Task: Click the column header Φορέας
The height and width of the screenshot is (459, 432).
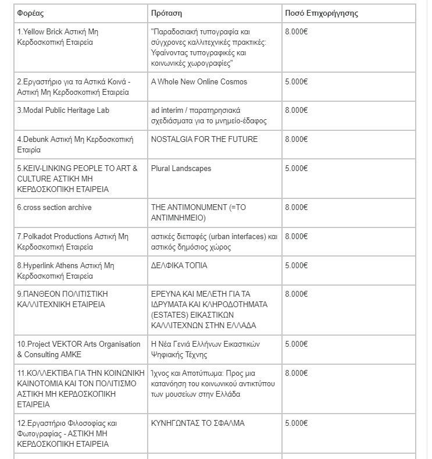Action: [x=31, y=13]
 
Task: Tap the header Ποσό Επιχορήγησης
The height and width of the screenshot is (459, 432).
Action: [x=321, y=13]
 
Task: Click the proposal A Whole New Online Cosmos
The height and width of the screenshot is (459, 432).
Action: [x=199, y=82]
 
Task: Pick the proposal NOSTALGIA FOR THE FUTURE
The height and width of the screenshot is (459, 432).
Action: [x=204, y=140]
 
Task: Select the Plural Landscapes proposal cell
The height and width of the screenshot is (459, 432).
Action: [x=180, y=169]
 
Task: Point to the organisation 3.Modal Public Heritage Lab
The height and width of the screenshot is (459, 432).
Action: [x=63, y=111]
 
